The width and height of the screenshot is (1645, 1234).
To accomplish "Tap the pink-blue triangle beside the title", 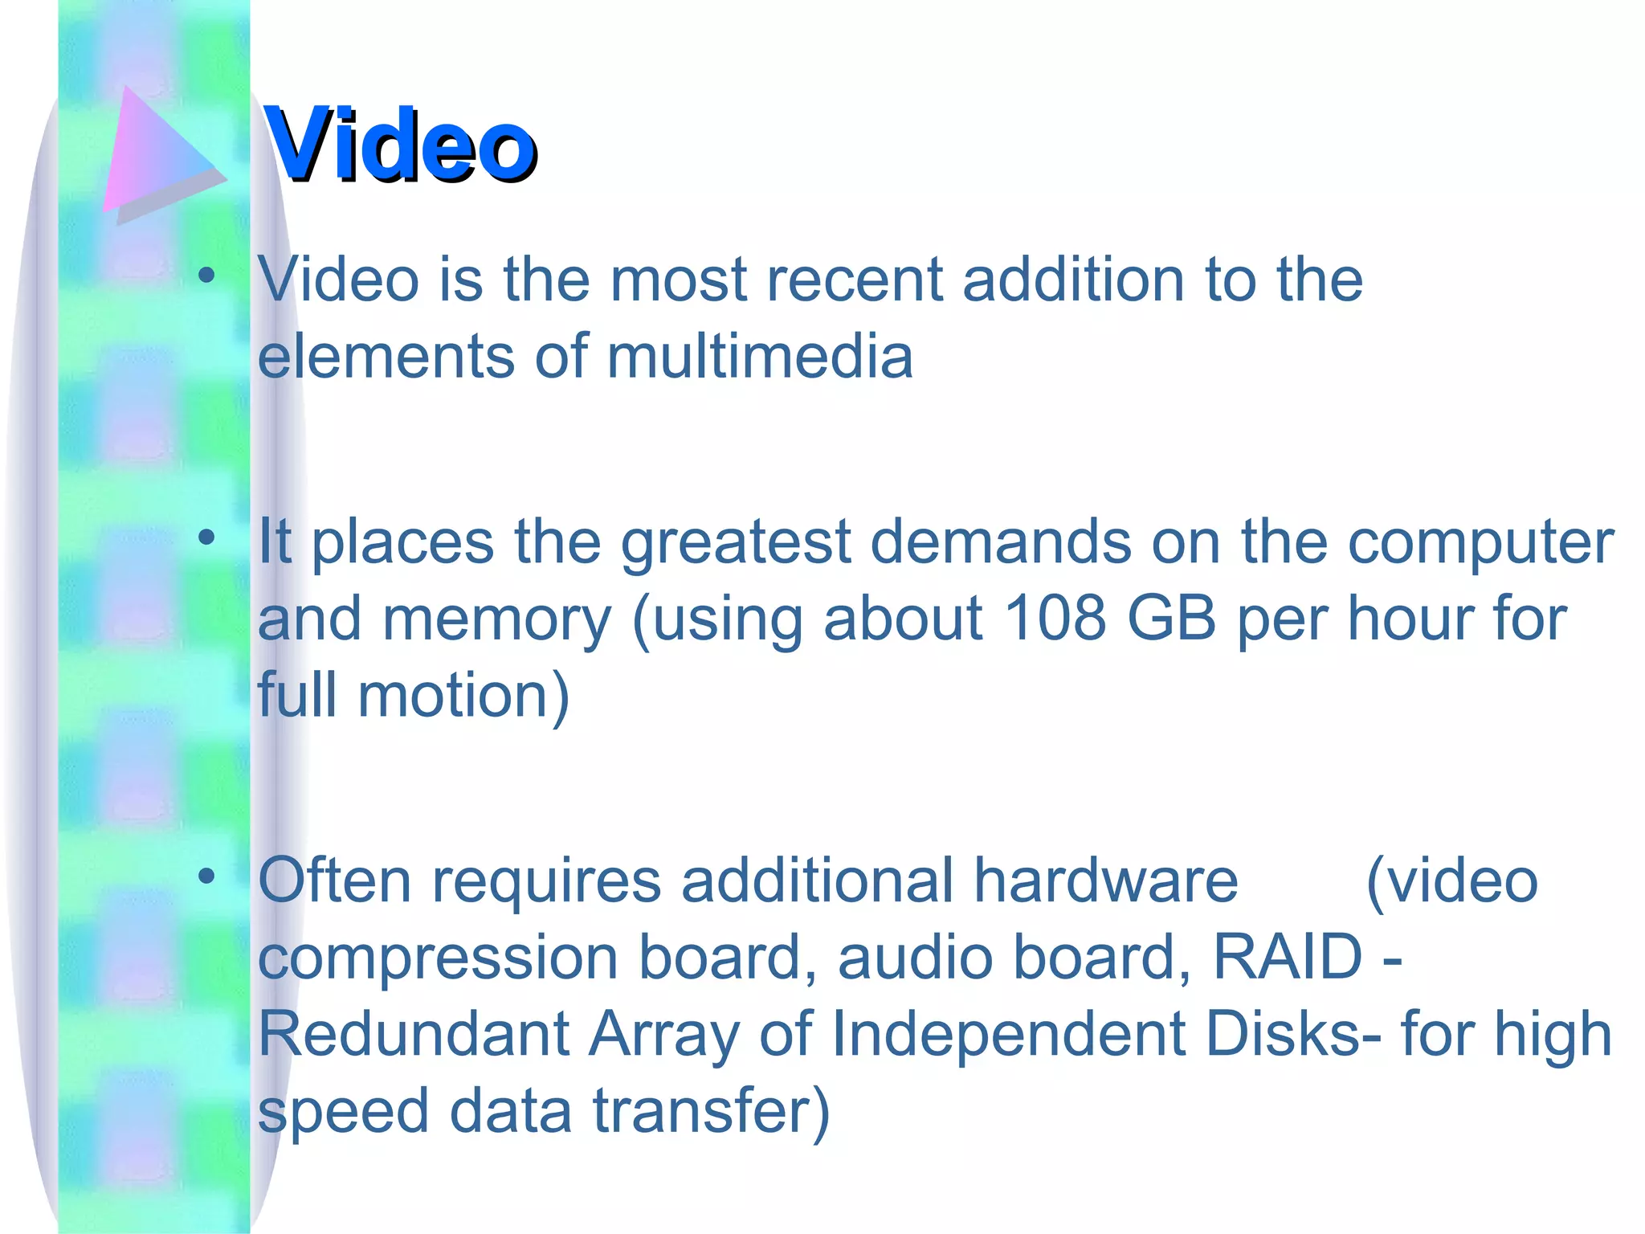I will pyautogui.click(x=157, y=153).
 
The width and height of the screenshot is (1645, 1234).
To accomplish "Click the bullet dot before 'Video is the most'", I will pyautogui.click(x=206, y=276).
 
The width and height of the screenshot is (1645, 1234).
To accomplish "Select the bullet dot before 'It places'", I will pyautogui.click(x=206, y=537).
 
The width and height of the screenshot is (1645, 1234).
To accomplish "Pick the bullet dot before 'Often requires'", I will pyautogui.click(x=206, y=876).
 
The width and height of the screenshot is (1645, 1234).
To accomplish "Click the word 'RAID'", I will pyautogui.click(x=1288, y=957).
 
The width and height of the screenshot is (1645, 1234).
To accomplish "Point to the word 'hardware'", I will pyautogui.click(x=1106, y=881).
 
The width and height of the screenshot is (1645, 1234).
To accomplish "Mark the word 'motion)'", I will pyautogui.click(x=463, y=695).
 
